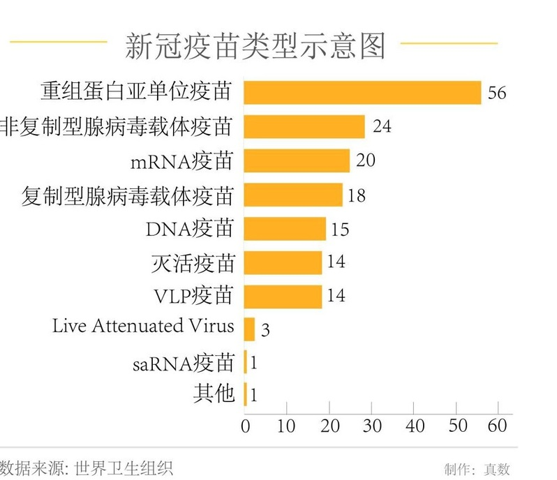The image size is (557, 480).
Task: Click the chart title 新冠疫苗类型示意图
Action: (x=255, y=45)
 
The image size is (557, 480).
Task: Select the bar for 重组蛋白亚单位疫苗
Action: (x=362, y=92)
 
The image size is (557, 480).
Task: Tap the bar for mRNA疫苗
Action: (x=297, y=160)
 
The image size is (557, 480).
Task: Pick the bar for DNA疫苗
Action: (x=285, y=228)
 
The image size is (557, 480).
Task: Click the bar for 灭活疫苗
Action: (x=283, y=262)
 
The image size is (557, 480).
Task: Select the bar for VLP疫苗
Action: (x=283, y=297)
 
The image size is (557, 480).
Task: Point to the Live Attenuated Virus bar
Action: (x=249, y=329)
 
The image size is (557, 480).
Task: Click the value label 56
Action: (x=497, y=93)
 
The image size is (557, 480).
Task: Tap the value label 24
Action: (x=382, y=126)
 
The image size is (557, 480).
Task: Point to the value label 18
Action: (x=356, y=195)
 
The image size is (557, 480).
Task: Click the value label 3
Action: (x=265, y=329)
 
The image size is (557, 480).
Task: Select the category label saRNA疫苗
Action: (x=184, y=362)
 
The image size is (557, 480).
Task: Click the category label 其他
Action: (x=214, y=393)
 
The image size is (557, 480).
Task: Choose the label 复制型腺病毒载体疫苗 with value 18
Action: (x=128, y=195)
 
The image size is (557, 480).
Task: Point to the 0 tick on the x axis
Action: (x=245, y=426)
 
